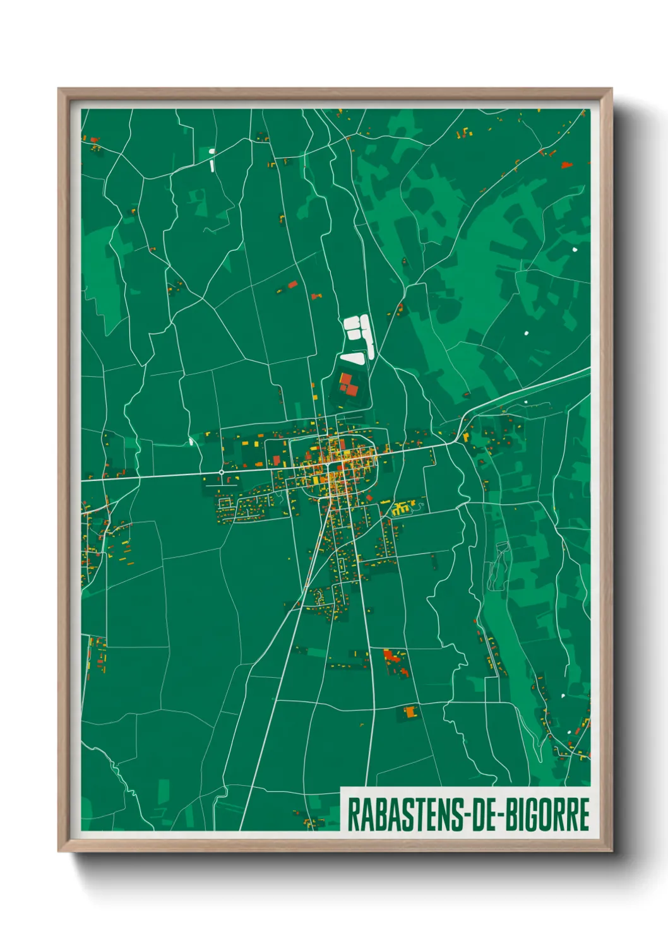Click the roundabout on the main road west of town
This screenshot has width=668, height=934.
coord(222,471)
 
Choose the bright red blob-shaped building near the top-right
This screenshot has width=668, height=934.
coord(566,165)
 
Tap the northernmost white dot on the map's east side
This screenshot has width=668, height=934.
coord(575,251)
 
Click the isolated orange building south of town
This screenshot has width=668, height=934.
coord(411,712)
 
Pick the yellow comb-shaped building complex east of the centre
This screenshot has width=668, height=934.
coord(402,507)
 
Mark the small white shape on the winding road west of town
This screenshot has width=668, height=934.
coord(191,441)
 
